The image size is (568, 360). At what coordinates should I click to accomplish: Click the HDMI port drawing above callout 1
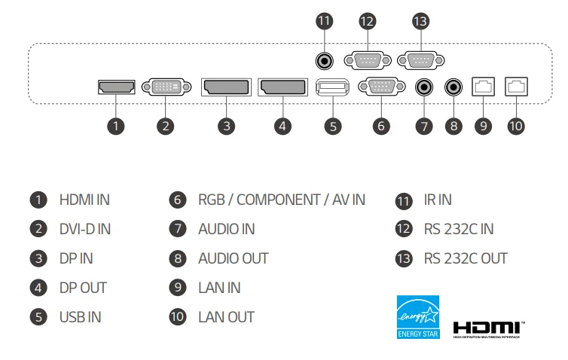[116, 87]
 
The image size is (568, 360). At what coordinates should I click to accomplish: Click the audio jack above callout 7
[425, 87]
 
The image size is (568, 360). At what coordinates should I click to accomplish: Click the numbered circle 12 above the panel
[367, 20]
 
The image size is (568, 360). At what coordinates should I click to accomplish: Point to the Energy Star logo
[418, 316]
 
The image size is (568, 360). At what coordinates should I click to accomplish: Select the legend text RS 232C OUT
[466, 258]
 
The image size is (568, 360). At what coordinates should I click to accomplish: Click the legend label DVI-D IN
[85, 229]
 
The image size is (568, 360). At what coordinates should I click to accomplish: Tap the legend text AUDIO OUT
[234, 258]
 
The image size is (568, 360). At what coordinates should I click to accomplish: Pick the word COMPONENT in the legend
[278, 200]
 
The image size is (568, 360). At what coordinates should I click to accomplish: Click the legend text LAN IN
[220, 288]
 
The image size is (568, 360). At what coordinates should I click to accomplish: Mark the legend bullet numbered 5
[38, 317]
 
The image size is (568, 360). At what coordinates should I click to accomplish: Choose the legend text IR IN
[438, 200]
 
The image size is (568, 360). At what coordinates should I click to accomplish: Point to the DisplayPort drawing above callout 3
[226, 87]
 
